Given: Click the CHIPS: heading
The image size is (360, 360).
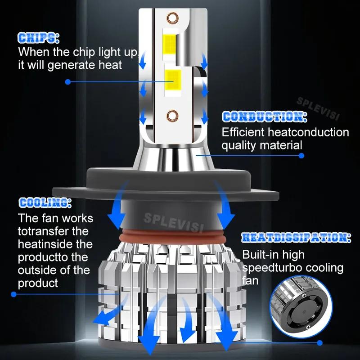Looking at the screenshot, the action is coord(38,38).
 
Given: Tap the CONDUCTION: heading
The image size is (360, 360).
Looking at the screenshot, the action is coord(265,117).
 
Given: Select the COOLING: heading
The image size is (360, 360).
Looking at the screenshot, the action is coord(45,203).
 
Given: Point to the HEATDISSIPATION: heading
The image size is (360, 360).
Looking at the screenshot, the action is coord(297,238).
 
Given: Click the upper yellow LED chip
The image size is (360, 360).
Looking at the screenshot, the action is coord(170,44).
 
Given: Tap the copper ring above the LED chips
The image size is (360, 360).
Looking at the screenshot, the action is coord(172,18).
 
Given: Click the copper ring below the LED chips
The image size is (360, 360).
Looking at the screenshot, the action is coord(172,116).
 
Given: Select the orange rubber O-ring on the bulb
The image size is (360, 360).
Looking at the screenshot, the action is coord(172,237).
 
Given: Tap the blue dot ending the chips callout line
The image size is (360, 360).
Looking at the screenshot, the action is coord(68,82).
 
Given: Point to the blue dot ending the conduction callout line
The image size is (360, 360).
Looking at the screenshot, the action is coord(301,156).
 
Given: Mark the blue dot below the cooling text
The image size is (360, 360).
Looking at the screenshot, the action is coord(13,294).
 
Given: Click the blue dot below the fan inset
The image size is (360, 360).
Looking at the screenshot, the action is coord(319,343).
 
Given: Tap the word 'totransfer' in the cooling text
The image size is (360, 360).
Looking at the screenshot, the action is coord(44,231).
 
